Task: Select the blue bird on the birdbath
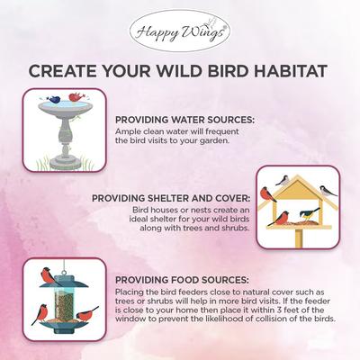(x=55, y=98)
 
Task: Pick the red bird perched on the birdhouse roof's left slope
(x=267, y=193)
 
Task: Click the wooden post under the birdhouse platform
(x=298, y=238)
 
